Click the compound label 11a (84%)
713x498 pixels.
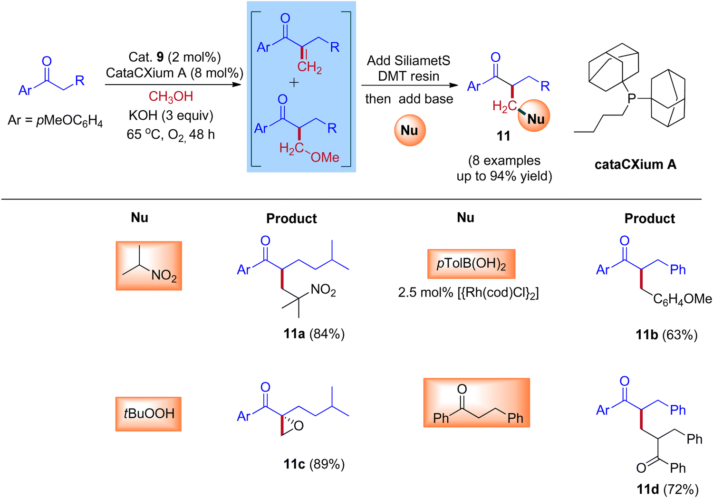coord(314,334)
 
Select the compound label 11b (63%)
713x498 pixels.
coord(666,335)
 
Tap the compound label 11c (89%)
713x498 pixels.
coord(314,464)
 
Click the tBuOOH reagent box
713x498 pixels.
coord(148,414)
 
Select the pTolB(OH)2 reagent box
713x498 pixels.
coord(471,264)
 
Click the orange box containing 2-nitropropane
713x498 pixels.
coord(149,266)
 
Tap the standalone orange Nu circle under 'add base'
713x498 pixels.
coord(410,130)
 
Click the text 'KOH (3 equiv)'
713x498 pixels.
coord(171,115)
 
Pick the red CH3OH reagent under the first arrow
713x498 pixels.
coord(171,96)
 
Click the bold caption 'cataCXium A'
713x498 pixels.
coord(635,164)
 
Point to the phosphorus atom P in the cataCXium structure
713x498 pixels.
coord(632,98)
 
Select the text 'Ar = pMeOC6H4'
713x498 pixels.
coord(55,121)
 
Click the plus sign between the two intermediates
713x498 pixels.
coord(294,83)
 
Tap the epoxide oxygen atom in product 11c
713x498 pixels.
coord(299,426)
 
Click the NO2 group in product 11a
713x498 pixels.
coord(323,290)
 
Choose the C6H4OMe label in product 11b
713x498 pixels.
coord(682,299)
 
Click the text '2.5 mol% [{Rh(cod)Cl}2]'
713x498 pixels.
coord(468,292)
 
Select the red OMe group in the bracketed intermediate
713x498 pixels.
coord(325,157)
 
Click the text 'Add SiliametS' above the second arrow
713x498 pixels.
coord(408,61)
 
